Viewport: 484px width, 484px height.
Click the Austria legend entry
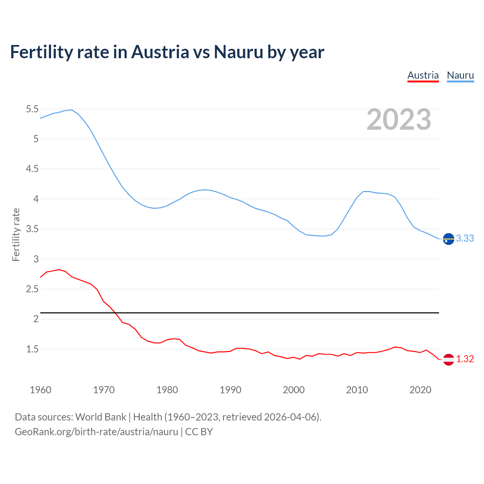[x=423, y=75]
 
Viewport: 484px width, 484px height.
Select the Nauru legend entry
[x=460, y=75]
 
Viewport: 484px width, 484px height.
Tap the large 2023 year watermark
[x=399, y=119]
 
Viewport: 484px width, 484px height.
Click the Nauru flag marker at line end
[x=448, y=239]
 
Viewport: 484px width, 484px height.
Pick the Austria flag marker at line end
[x=448, y=359]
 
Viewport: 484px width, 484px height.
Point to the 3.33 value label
[x=465, y=239]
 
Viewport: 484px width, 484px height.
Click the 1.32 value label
[x=465, y=359]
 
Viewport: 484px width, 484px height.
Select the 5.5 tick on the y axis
[x=32, y=109]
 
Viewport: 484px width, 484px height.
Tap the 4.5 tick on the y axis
[x=32, y=169]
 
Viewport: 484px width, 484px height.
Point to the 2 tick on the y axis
[x=36, y=319]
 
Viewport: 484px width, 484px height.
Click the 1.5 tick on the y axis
[x=32, y=349]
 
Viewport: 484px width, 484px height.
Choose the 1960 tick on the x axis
[x=40, y=390]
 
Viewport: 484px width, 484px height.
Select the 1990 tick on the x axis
[x=230, y=390]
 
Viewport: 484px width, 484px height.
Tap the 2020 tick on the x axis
[x=420, y=390]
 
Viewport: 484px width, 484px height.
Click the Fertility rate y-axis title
[x=16, y=234]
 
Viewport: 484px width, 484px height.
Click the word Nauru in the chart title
[x=238, y=52]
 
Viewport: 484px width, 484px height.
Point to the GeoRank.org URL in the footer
[x=96, y=432]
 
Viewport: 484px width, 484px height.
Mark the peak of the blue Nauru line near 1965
[x=71, y=110]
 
